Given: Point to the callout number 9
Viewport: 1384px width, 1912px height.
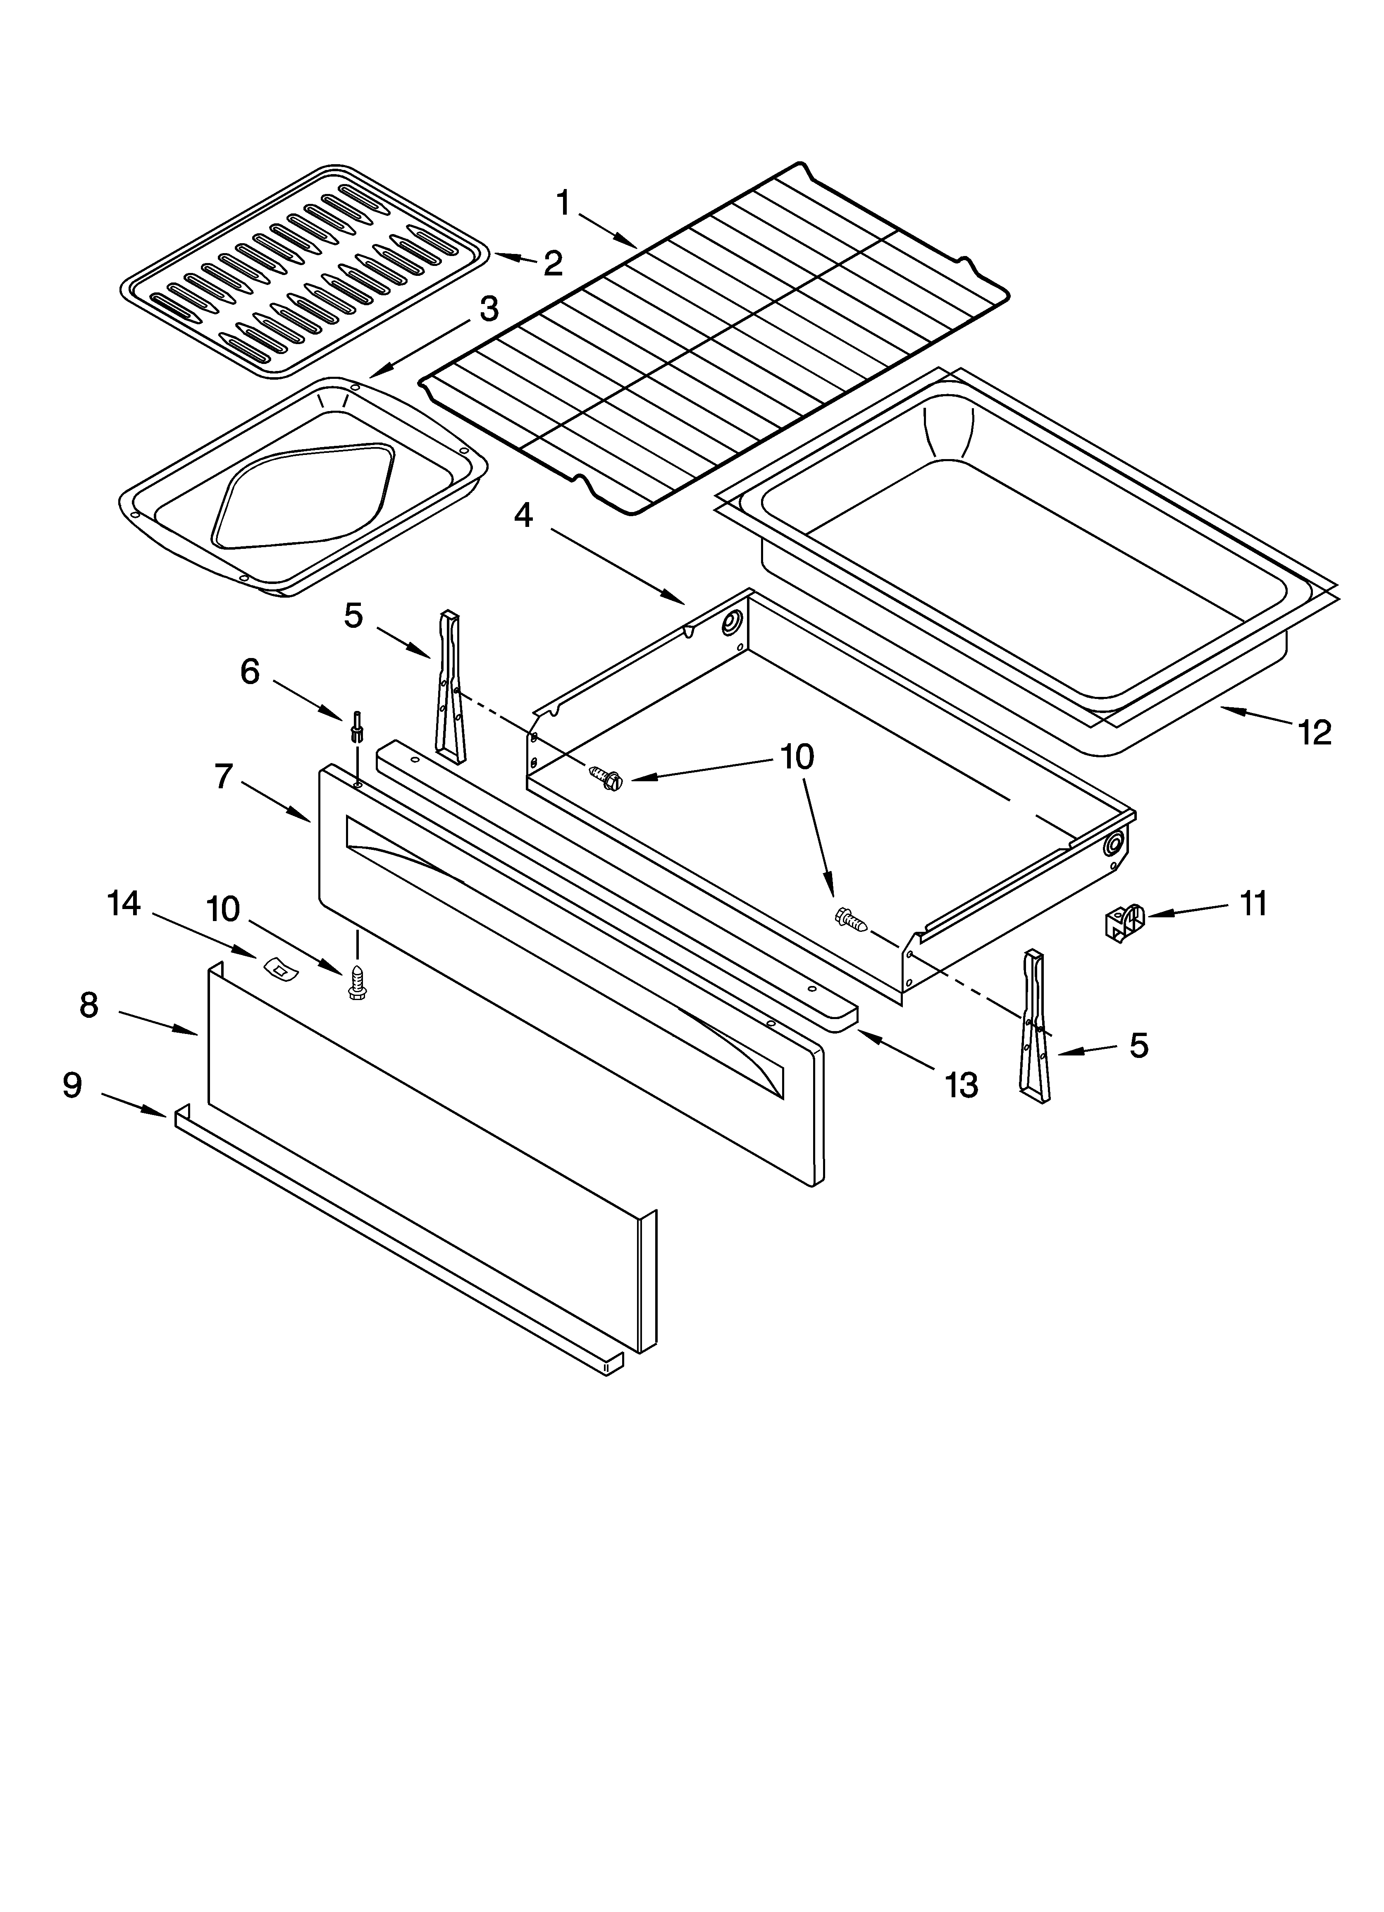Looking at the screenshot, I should coord(72,1085).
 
